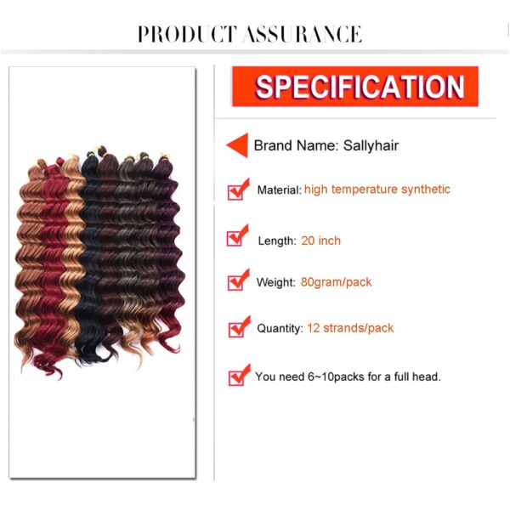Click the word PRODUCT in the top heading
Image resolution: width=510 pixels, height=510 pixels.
(x=187, y=34)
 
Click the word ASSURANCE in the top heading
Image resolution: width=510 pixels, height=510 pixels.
(x=303, y=34)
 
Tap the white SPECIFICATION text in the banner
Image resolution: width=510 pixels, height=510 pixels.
(x=360, y=87)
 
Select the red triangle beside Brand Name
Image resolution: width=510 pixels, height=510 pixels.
(x=237, y=145)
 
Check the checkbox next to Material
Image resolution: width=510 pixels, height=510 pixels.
(x=238, y=190)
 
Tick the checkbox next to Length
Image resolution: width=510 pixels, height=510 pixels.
(x=238, y=235)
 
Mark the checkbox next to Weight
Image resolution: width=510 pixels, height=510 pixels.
(x=238, y=280)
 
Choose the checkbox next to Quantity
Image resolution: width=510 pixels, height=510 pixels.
(x=240, y=327)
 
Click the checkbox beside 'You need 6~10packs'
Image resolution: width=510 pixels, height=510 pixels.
(x=240, y=375)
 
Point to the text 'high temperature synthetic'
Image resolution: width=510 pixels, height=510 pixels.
(x=377, y=189)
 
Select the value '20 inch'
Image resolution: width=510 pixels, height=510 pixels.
(x=320, y=241)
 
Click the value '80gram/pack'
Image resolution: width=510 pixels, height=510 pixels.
(x=336, y=282)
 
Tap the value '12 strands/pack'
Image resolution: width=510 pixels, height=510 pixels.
(x=350, y=328)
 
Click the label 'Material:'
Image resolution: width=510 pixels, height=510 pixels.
(x=280, y=190)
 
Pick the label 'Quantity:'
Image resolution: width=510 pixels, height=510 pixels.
(x=280, y=328)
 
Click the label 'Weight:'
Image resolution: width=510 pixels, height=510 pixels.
(x=275, y=282)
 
